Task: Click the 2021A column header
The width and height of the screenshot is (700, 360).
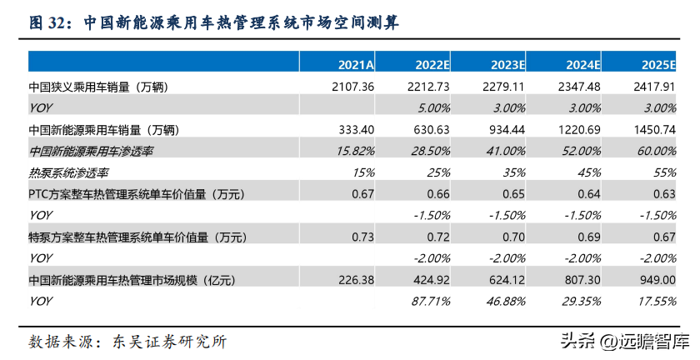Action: (x=356, y=65)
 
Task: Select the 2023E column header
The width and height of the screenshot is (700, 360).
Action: (x=507, y=65)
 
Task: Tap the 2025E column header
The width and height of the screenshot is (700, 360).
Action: (x=658, y=65)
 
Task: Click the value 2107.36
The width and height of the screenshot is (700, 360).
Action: (x=352, y=86)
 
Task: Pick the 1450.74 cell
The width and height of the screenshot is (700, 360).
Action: (x=654, y=129)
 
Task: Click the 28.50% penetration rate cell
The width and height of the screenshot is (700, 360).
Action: (x=430, y=151)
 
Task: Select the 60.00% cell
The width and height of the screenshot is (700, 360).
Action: (x=657, y=151)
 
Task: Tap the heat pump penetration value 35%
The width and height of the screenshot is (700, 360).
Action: (x=514, y=172)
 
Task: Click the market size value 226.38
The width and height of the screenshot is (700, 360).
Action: (x=355, y=280)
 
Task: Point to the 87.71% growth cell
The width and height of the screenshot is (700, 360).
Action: (x=430, y=302)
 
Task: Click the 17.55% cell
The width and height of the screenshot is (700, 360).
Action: (x=657, y=302)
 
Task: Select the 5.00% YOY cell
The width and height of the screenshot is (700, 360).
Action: (x=433, y=107)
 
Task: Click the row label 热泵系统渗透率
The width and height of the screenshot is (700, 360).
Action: (x=68, y=172)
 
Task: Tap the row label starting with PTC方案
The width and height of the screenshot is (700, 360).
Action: (x=137, y=194)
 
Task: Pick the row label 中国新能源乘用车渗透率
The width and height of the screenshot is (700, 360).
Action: (x=91, y=152)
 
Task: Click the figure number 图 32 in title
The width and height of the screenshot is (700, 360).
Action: (x=47, y=22)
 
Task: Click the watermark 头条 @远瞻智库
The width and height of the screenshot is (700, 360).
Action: (x=626, y=342)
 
